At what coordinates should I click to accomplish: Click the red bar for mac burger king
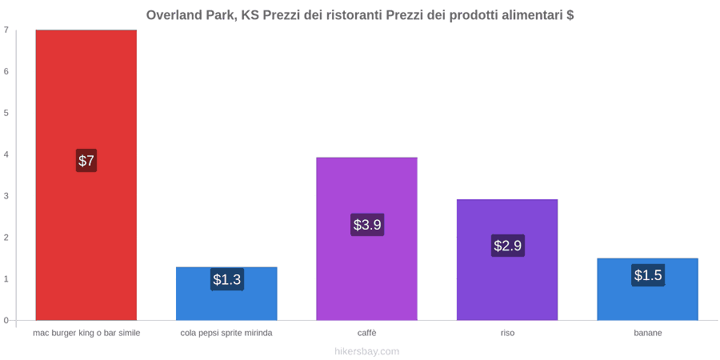(86, 175)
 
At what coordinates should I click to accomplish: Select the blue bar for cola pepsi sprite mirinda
(227, 294)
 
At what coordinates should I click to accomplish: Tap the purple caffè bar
(367, 238)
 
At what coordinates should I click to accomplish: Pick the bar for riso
(507, 259)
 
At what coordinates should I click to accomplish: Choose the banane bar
(647, 290)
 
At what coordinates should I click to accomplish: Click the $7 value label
(86, 161)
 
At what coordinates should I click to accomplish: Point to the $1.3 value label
(227, 279)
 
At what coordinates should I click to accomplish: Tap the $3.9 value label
(367, 225)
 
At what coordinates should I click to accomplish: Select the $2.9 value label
(508, 246)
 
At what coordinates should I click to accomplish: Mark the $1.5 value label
(648, 275)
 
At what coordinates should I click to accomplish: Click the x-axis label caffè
(367, 333)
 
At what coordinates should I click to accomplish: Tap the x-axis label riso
(507, 333)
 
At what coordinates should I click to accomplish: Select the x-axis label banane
(648, 333)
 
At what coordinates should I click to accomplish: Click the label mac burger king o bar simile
(86, 333)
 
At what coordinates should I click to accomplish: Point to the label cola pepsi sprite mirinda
(226, 333)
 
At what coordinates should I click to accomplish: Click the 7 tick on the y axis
(7, 30)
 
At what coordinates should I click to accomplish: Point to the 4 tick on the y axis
(7, 154)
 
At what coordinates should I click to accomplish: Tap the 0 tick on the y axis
(7, 320)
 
